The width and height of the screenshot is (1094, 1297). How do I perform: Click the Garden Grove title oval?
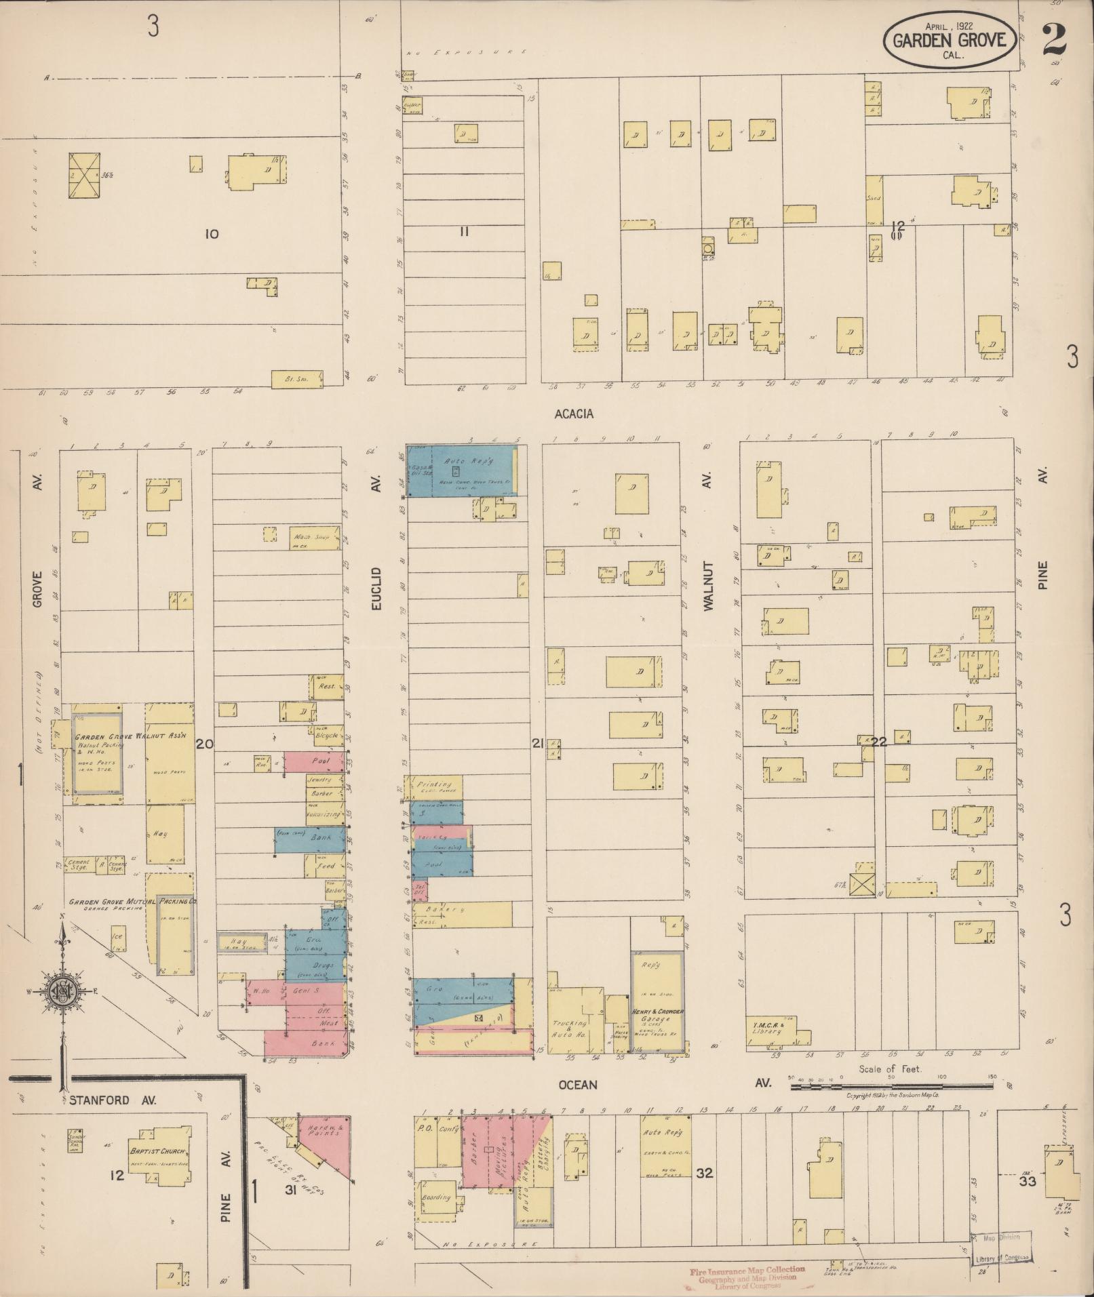point(950,40)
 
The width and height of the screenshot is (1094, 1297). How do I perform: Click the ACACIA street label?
point(574,414)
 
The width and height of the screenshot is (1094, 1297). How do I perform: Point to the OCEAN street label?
point(578,1085)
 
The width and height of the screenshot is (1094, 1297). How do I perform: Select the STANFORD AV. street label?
point(112,1100)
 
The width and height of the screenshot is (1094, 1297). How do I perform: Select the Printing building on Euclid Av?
point(434,787)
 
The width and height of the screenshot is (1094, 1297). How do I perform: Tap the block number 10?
point(212,234)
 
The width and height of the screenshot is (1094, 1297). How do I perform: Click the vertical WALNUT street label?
point(709,586)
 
